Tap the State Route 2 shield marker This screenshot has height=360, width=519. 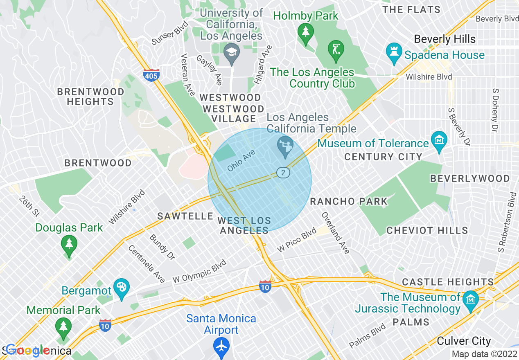tap(282, 173)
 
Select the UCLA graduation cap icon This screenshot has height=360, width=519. tap(232, 52)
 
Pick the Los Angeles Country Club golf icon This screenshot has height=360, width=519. tap(336, 49)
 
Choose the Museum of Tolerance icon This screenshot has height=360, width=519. tap(439, 140)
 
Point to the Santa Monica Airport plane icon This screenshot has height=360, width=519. tap(221, 346)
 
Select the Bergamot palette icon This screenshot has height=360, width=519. tap(122, 287)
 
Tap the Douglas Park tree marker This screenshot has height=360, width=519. tap(69, 245)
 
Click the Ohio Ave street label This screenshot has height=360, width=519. tap(241, 160)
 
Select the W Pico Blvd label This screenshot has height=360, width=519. tap(297, 240)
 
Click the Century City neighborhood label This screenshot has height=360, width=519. tap(383, 157)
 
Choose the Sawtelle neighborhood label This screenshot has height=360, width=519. tap(185, 216)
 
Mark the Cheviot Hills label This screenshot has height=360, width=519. tap(427, 230)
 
